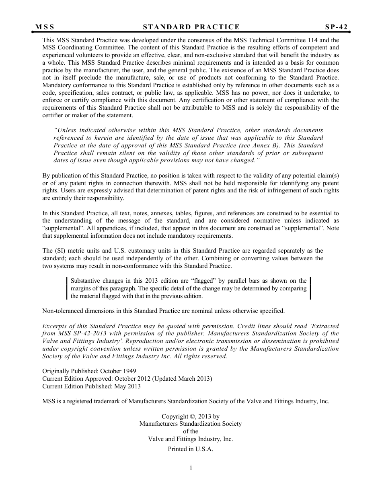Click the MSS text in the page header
click(45, 27)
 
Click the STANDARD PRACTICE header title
click(191, 27)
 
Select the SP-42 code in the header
click(336, 27)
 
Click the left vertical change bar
click(67, 288)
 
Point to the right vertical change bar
click(310, 288)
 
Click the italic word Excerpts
click(56, 326)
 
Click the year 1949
click(128, 371)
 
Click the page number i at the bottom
click(191, 467)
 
